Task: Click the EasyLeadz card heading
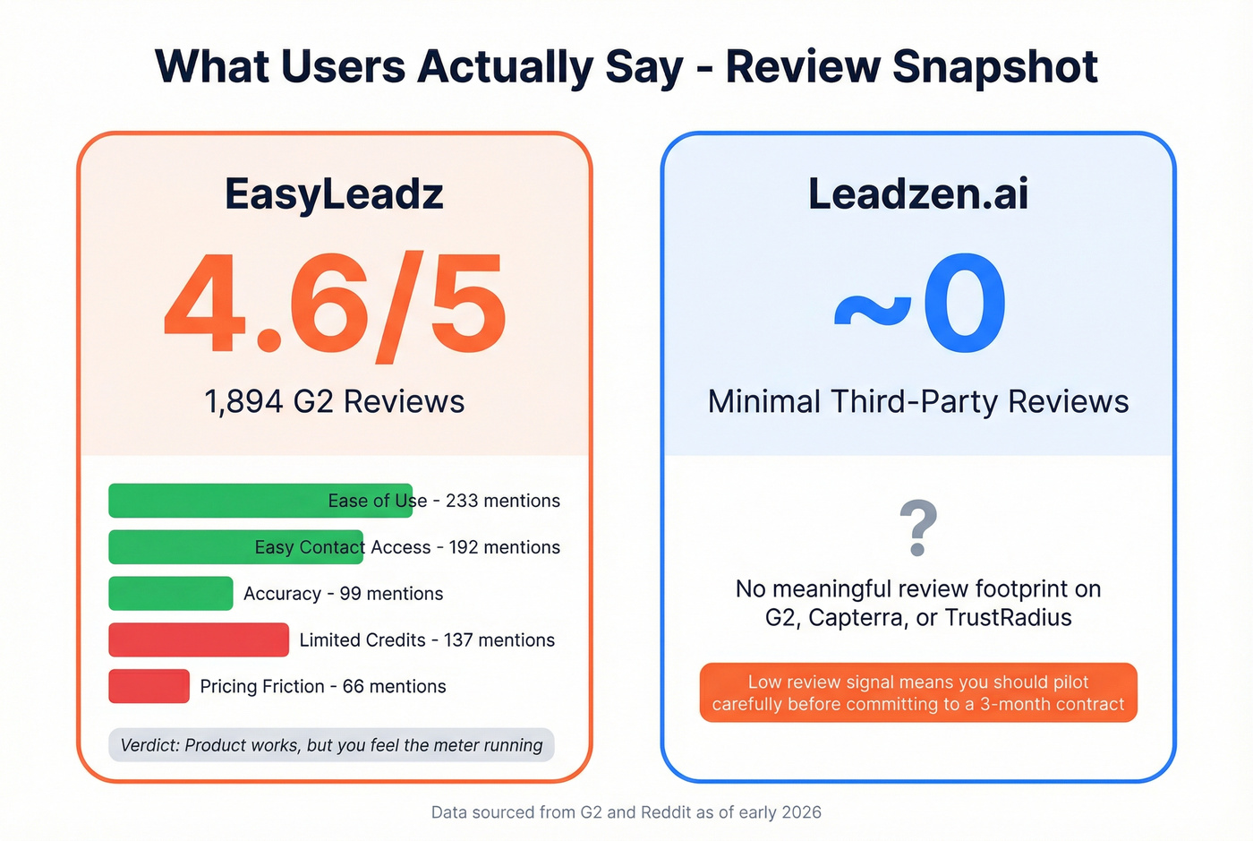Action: coord(334,193)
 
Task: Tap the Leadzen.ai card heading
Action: coord(917,193)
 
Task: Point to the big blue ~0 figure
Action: coord(919,305)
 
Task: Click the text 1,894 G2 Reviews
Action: coord(334,401)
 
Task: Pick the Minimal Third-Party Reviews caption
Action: coord(917,401)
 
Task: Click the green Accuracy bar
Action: coord(171,594)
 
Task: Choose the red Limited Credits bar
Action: coord(199,640)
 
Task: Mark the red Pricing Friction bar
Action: coord(149,686)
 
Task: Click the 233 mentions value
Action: coord(503,501)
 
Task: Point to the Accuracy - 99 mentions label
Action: coord(343,594)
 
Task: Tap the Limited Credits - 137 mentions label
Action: coord(427,640)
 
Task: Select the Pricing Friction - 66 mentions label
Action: coord(322,686)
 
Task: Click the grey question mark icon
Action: coord(917,528)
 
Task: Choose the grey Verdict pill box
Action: coord(331,745)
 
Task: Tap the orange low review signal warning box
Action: coord(917,692)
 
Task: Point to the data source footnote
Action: coord(626,812)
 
